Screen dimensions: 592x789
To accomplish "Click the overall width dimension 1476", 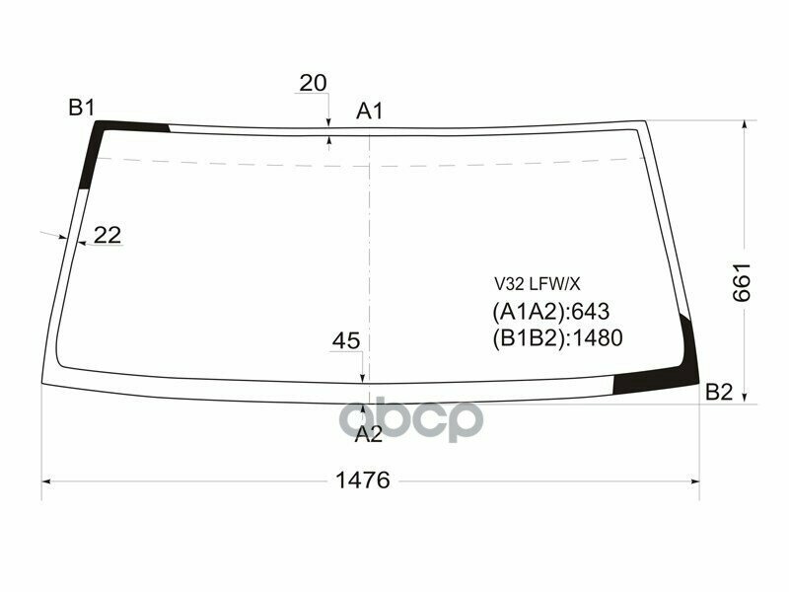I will tap(363, 481).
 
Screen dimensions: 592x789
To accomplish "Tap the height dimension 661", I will tap(743, 282).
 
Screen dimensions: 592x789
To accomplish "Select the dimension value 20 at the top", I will tap(313, 84).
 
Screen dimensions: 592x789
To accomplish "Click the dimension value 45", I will tap(345, 341).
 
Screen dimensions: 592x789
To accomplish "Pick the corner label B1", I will tap(81, 108).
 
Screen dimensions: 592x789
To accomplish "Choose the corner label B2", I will tap(719, 393).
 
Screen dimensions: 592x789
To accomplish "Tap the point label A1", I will tap(370, 111).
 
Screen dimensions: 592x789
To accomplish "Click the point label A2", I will tap(368, 434).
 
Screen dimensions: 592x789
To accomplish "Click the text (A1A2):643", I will tap(551, 312).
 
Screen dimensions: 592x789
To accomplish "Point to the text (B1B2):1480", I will tap(557, 338).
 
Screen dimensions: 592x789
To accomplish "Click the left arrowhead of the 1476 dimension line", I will tap(46, 481).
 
